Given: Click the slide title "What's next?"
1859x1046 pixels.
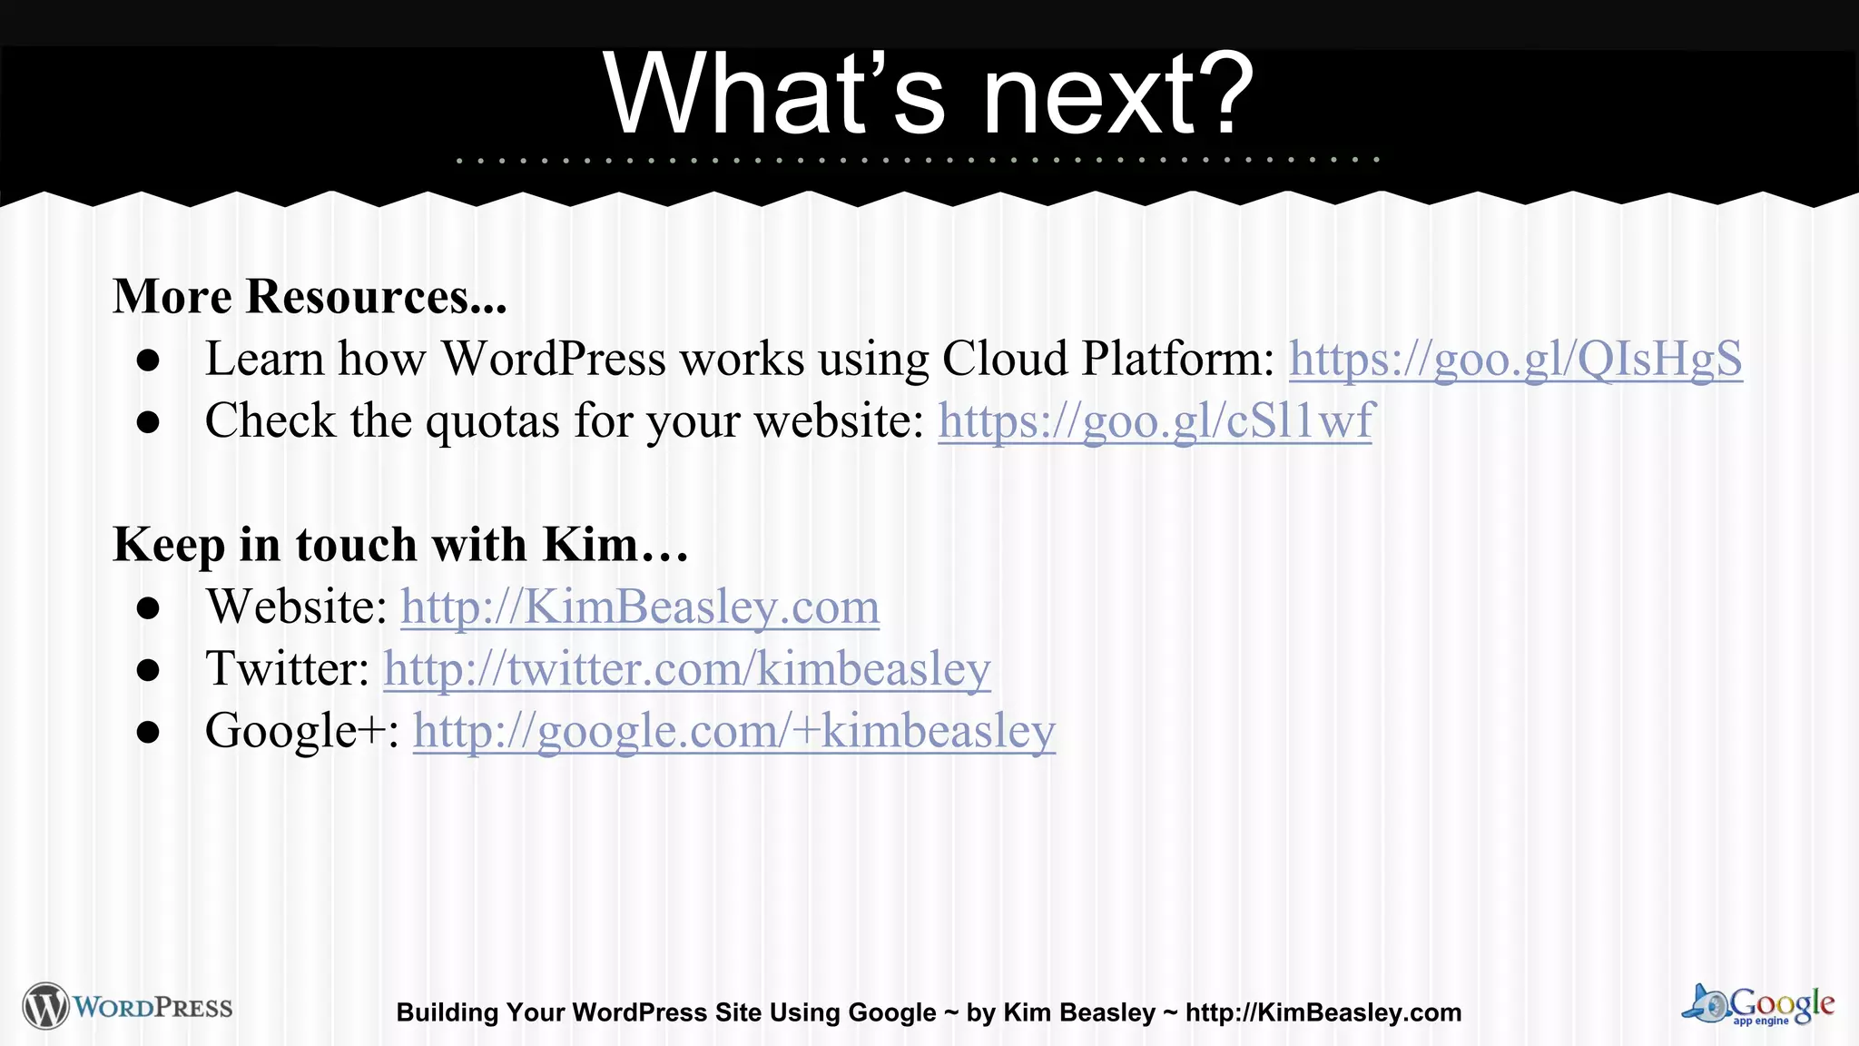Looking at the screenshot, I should (x=928, y=94).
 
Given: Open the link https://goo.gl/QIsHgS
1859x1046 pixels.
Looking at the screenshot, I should (x=1515, y=359).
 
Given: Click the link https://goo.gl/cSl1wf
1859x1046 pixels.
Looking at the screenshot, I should (x=1155, y=421).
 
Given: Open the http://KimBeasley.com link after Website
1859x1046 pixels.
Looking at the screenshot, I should (x=640, y=607).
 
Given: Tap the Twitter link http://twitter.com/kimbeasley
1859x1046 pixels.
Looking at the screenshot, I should (x=686, y=669).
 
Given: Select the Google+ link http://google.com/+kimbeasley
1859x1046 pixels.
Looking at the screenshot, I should (x=733, y=731).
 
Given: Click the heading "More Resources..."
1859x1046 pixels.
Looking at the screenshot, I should (x=310, y=296).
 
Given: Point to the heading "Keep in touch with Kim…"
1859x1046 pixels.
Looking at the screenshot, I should (x=400, y=545).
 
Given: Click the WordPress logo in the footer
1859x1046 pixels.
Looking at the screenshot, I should (x=128, y=1006).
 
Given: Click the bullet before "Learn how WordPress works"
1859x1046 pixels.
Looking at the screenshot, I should (x=148, y=361).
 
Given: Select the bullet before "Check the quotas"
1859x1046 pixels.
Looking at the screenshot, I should (x=148, y=423).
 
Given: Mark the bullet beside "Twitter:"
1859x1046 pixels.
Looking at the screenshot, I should (x=148, y=671).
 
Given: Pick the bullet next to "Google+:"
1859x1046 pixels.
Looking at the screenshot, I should (x=148, y=733).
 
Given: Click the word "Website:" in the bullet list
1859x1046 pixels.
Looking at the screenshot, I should (x=297, y=607).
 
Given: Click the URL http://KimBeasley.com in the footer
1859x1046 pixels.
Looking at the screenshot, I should (x=1323, y=1012).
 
